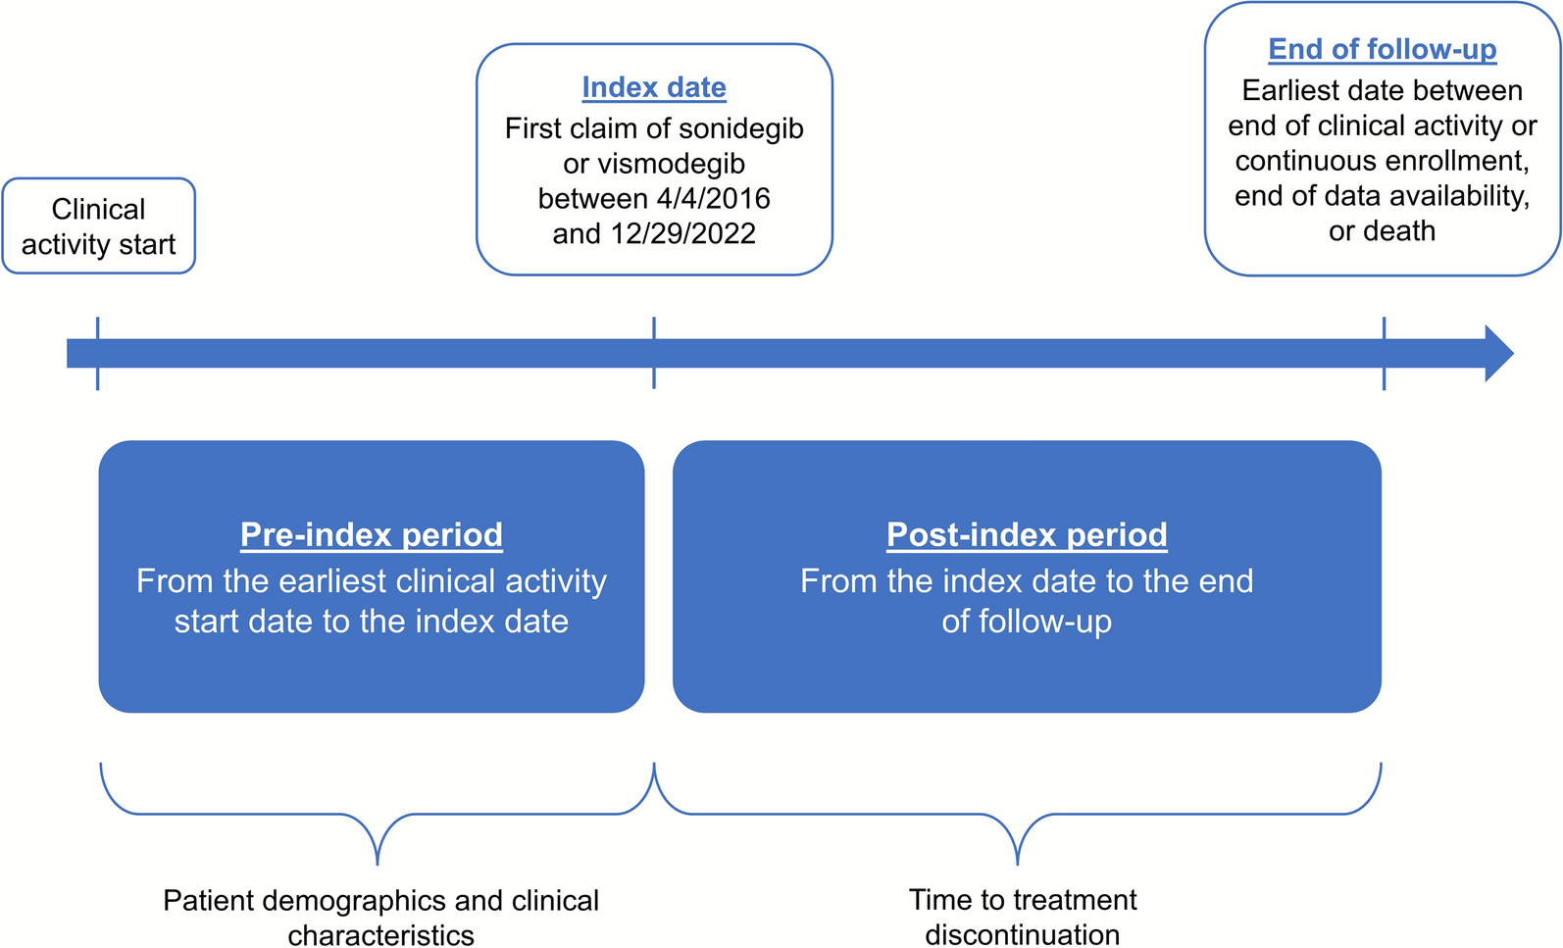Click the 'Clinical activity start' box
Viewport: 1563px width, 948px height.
point(98,226)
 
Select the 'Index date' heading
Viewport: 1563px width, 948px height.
point(654,87)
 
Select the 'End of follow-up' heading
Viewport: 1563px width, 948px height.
point(1382,49)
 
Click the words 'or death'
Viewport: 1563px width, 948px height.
point(1382,231)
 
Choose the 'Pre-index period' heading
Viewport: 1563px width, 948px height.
point(372,534)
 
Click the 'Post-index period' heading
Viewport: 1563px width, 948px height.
point(1027,534)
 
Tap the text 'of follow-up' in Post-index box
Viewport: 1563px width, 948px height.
point(1027,622)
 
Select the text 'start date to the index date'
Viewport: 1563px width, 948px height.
point(372,622)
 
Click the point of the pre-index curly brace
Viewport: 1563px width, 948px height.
point(378,861)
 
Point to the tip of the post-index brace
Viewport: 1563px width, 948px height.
point(1018,861)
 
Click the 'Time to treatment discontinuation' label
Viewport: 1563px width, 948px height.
point(1023,917)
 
